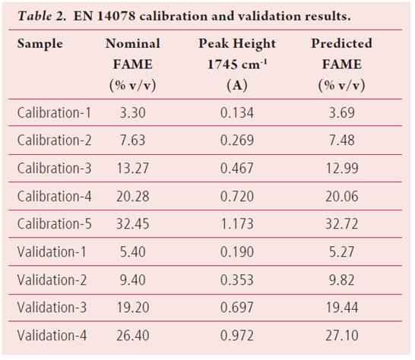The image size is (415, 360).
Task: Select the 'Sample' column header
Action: point(40,44)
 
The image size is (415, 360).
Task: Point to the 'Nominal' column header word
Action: point(132,44)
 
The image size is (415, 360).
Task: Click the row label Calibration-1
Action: point(53,113)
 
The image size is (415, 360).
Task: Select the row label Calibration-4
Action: point(53,197)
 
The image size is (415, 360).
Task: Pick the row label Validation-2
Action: point(51,279)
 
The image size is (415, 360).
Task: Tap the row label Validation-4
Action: point(51,335)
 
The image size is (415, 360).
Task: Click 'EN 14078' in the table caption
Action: point(97,14)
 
